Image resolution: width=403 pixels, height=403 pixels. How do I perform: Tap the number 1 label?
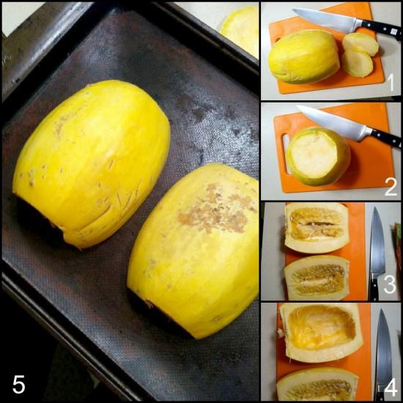391,84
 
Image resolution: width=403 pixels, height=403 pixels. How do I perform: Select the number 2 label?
391,186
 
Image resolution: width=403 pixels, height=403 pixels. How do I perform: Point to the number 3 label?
391,285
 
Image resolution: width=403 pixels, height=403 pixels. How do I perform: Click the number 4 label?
391,386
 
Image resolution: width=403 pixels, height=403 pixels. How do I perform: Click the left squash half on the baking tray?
92,161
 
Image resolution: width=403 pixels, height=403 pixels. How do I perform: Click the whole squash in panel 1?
303,56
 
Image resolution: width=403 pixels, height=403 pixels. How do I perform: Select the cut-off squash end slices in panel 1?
359,55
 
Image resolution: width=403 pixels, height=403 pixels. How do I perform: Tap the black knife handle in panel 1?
380,27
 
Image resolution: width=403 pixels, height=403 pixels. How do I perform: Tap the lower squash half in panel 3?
317,277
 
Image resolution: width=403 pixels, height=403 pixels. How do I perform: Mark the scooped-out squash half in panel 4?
321,331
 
